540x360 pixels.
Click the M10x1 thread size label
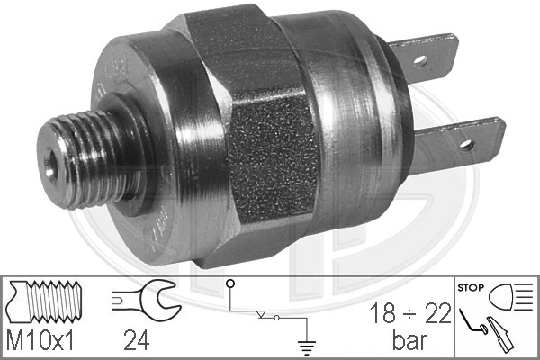point(40,340)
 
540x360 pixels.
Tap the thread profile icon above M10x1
point(45,301)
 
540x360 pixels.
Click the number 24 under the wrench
point(137,340)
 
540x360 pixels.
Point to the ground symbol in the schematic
point(307,346)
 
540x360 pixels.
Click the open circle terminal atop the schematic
point(230,283)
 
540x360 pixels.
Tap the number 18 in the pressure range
point(382,313)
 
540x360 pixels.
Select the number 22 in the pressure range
point(438,313)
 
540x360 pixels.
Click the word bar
point(409,340)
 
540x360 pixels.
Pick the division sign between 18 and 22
point(410,314)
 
